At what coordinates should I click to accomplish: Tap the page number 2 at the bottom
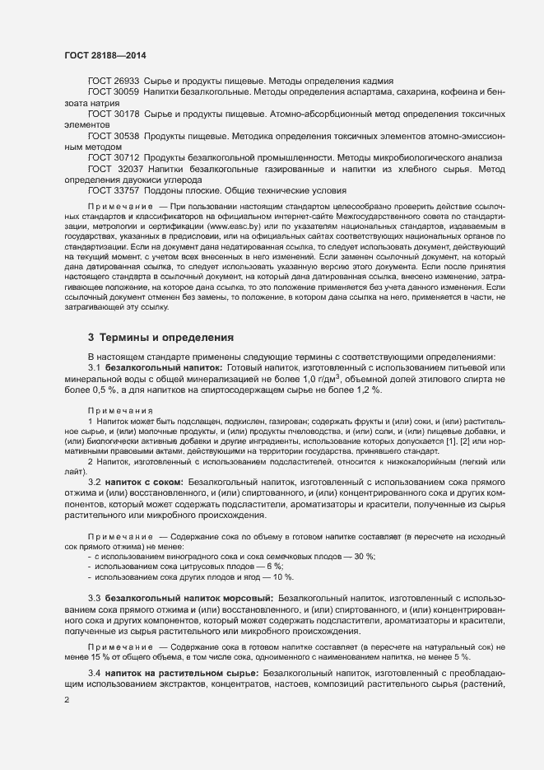[x=67, y=700]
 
